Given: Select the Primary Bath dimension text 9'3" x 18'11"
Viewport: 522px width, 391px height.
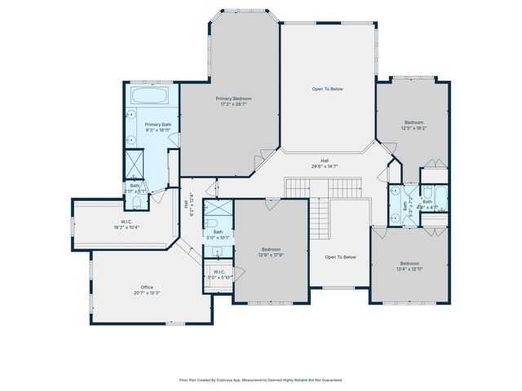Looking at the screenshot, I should click(x=157, y=130).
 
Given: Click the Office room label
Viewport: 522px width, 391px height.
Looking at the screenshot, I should click(x=147, y=289).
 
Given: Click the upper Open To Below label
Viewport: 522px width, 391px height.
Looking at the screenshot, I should click(x=327, y=89).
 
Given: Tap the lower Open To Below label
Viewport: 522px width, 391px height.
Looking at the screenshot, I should click(x=340, y=257).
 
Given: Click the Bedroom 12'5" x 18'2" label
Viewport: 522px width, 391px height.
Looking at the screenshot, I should click(x=414, y=125).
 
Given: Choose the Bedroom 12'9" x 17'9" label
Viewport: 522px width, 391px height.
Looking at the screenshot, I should click(x=271, y=252).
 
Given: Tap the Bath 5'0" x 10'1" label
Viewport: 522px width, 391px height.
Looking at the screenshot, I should click(x=218, y=235).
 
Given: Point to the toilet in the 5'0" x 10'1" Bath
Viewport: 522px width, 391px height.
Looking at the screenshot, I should click(x=210, y=221).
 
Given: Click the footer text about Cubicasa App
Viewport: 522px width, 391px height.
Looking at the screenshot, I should click(x=261, y=380).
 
